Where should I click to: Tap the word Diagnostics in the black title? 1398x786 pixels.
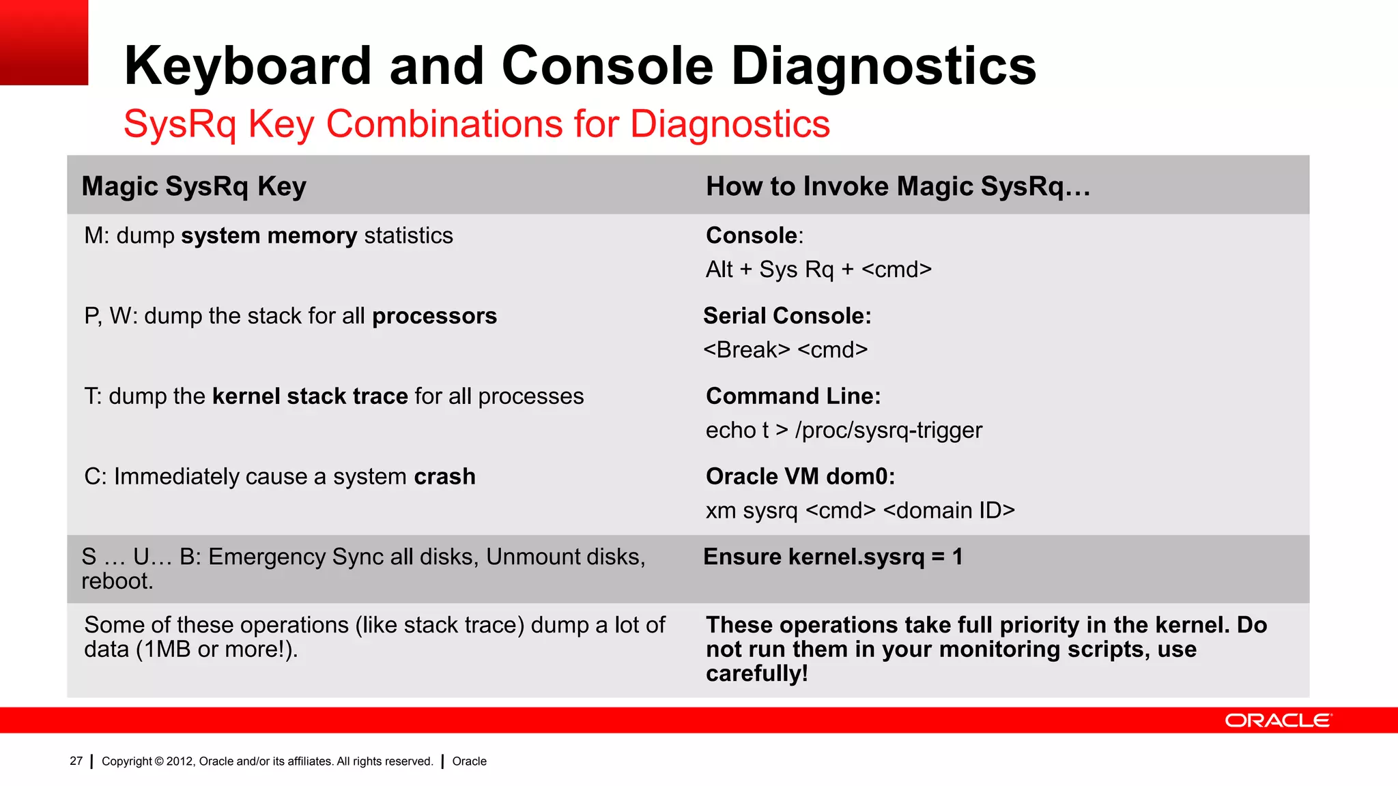click(x=883, y=66)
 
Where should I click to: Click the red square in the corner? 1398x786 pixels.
click(x=44, y=42)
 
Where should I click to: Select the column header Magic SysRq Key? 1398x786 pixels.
click(x=194, y=186)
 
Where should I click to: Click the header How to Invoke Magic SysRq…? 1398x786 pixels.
click(x=898, y=186)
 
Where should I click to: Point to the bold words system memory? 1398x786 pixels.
click(x=269, y=236)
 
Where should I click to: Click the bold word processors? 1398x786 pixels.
click(x=434, y=317)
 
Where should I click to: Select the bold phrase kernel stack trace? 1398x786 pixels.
click(x=310, y=396)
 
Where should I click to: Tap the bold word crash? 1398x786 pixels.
click(x=444, y=477)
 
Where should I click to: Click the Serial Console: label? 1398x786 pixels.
click(x=787, y=317)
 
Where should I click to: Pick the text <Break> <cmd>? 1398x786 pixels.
click(x=785, y=350)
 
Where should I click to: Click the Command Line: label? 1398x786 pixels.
click(x=793, y=396)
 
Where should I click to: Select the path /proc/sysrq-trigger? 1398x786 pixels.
click(x=888, y=431)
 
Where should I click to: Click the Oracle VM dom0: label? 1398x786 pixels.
click(x=800, y=477)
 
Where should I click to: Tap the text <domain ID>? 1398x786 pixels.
click(x=949, y=510)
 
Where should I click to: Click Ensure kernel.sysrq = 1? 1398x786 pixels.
click(x=833, y=557)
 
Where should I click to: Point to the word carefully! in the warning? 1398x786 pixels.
click(x=756, y=674)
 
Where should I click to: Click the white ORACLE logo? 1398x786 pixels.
click(x=1278, y=720)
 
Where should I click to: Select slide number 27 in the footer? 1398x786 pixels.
click(x=76, y=761)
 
